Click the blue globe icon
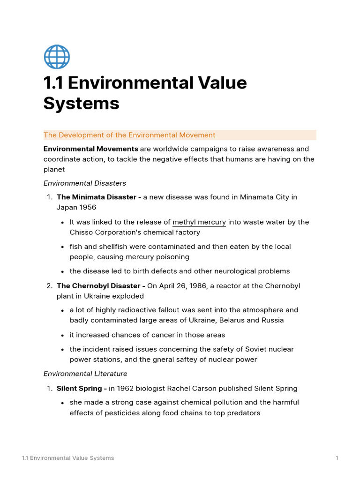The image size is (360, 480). click(x=57, y=57)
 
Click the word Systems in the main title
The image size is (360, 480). click(x=81, y=103)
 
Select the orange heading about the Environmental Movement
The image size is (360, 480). click(x=129, y=135)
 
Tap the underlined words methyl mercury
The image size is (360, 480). click(x=199, y=222)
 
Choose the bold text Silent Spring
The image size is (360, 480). click(x=79, y=388)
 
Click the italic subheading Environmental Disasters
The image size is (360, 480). click(x=85, y=183)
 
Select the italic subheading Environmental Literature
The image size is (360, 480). click(x=85, y=374)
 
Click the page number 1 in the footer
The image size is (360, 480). click(x=337, y=458)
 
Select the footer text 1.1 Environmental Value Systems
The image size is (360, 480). click(x=68, y=458)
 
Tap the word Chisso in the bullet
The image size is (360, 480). click(x=81, y=232)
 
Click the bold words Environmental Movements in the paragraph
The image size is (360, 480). click(x=90, y=149)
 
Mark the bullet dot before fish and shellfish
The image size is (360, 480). click(x=62, y=247)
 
